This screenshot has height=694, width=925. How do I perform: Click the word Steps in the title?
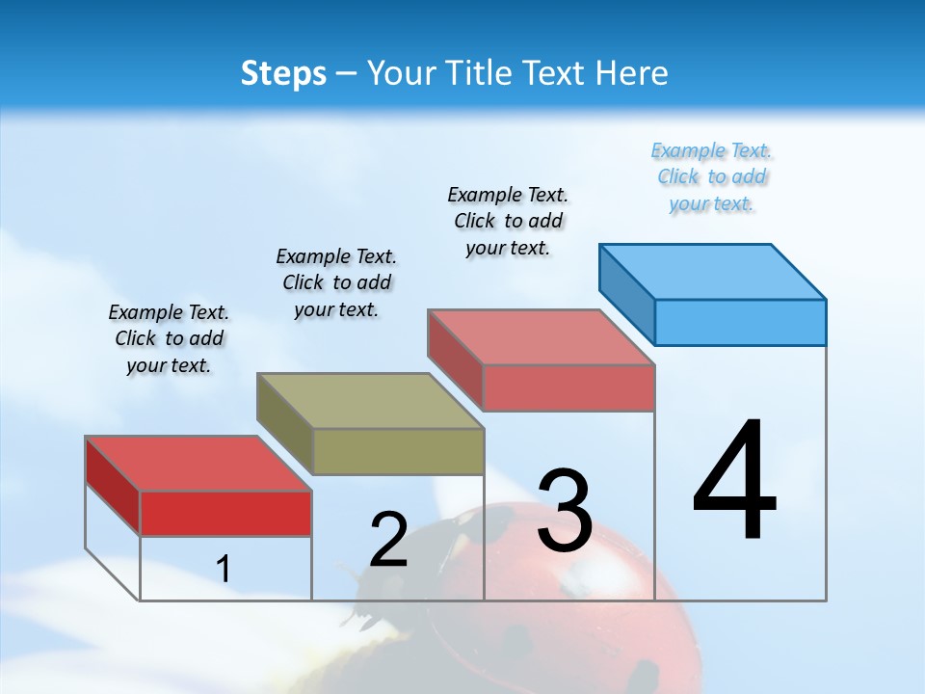point(283,73)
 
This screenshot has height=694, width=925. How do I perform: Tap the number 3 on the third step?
point(565,511)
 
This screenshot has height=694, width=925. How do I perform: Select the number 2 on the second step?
point(388,540)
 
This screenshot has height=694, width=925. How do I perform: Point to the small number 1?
point(224,569)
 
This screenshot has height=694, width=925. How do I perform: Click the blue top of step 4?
point(713,271)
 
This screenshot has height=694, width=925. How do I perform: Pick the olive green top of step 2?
point(370,400)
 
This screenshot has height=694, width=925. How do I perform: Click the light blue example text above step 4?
point(711,177)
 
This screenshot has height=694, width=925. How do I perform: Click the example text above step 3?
point(508,221)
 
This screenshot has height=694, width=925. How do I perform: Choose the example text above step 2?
point(336,282)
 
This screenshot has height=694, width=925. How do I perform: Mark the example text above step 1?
point(169,338)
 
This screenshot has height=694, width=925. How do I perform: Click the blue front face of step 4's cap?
point(740,322)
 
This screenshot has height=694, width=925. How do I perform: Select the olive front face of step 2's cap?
point(398,451)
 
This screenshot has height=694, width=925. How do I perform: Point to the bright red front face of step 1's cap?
point(225,513)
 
